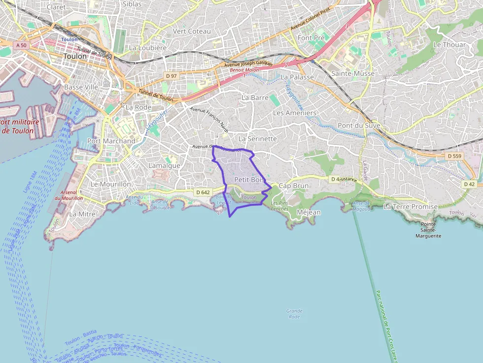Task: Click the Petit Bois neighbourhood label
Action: tap(249, 180)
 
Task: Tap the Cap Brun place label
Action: tap(294, 186)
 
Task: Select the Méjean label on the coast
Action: tap(309, 212)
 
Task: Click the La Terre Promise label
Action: tap(411, 207)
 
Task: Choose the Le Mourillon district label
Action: tap(111, 184)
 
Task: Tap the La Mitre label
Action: tap(82, 214)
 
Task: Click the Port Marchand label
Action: tap(111, 141)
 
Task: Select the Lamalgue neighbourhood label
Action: tap(164, 166)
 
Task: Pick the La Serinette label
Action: tap(258, 139)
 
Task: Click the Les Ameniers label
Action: tap(295, 113)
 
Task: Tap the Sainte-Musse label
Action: tap(353, 74)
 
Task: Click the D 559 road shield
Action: tap(455, 156)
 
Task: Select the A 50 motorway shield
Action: tap(21, 45)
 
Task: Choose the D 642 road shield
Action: tap(202, 192)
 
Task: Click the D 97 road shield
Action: tap(171, 76)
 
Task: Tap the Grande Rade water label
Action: tap(294, 314)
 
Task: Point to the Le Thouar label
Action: tap(449, 45)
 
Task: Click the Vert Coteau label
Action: tap(192, 32)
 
